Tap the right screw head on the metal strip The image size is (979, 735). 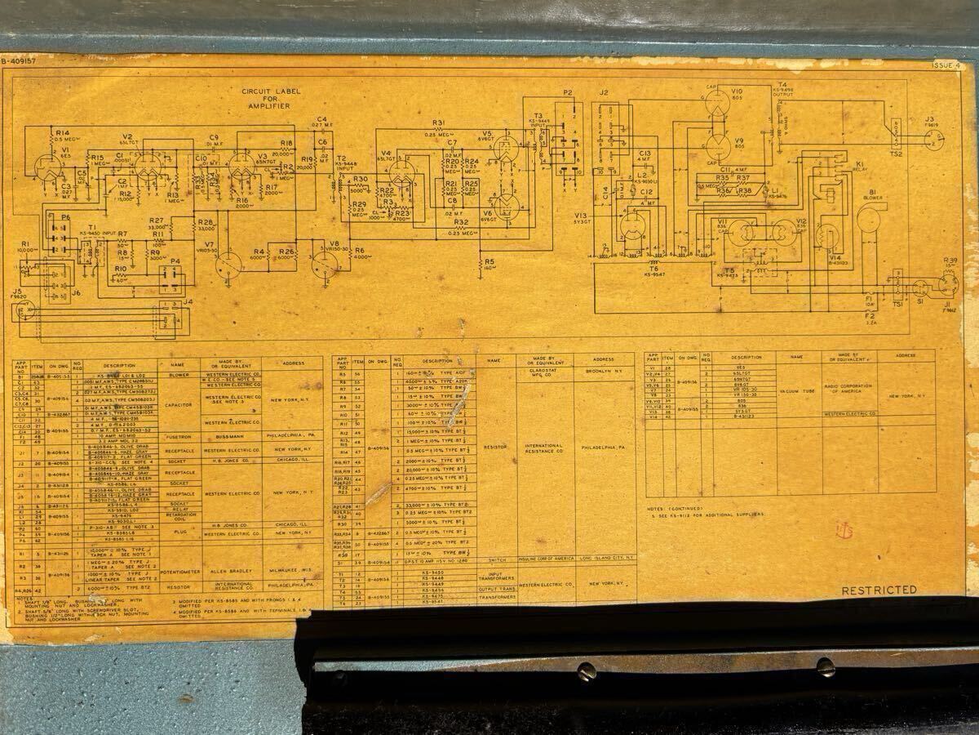[825, 667]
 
